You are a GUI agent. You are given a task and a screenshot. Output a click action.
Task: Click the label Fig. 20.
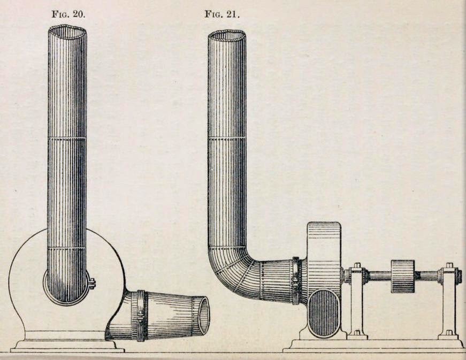(68, 14)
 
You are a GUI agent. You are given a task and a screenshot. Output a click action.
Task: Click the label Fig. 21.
(222, 14)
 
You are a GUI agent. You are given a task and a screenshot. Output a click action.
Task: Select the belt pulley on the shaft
(403, 276)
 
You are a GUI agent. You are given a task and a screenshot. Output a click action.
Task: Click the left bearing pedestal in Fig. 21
(356, 302)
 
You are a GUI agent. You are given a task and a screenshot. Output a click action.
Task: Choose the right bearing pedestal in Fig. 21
(448, 302)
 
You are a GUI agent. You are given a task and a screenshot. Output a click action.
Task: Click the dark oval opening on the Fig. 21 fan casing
(324, 313)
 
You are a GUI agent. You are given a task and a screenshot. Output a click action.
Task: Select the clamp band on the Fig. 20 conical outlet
(142, 316)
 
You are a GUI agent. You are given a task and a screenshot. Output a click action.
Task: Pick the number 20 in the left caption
(78, 14)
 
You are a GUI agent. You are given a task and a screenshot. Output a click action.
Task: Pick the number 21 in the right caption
(233, 14)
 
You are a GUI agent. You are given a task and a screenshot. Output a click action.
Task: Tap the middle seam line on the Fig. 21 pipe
(227, 138)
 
